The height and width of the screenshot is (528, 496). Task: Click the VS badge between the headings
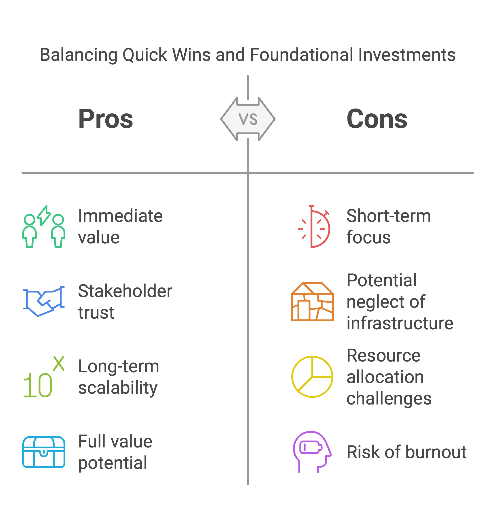pos(248,119)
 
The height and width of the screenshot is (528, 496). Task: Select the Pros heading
pos(106,119)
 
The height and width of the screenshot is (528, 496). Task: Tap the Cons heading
pos(377,119)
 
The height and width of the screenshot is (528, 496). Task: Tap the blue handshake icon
pos(44,301)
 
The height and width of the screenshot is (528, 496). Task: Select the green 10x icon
pos(44,377)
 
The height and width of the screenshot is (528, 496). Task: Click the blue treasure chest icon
pos(44,452)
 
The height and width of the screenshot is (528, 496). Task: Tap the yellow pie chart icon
pos(312,377)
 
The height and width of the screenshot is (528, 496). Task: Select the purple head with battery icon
pos(312,452)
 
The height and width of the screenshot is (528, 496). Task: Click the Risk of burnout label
pos(407,452)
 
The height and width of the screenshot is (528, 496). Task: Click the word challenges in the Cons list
pos(389,398)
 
